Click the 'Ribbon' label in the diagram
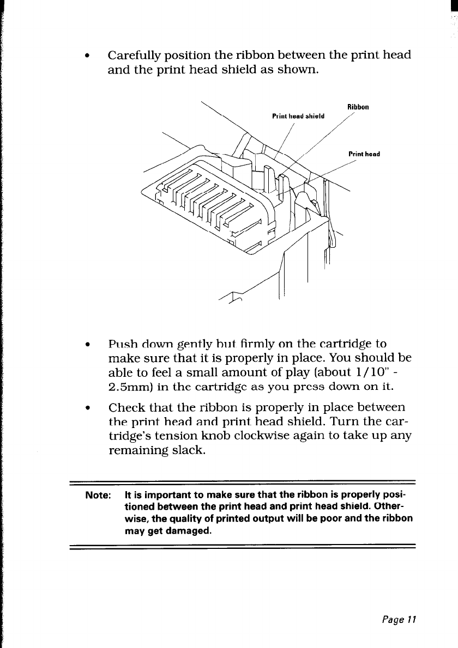coord(358,107)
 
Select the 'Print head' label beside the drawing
coord(363,154)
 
